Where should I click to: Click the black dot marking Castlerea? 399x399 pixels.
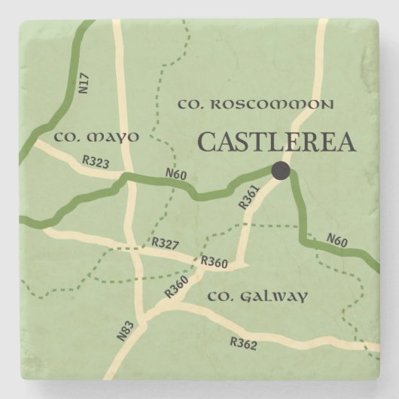[281, 171]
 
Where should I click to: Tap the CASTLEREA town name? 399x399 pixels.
[276, 142]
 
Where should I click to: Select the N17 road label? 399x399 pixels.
[84, 82]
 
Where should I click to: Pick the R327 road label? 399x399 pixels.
[164, 243]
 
